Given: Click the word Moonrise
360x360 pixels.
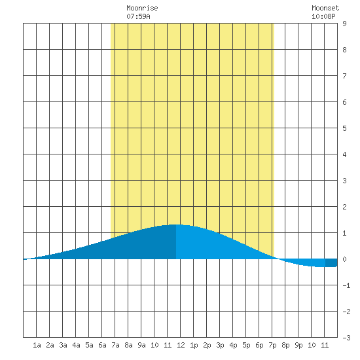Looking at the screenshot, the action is point(142,8).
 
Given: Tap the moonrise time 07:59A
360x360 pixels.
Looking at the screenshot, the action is point(138,16).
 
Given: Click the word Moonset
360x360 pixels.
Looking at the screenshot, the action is point(325,8).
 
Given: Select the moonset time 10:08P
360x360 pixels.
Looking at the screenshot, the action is point(323,16).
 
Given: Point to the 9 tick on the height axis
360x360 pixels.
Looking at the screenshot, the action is point(344,24).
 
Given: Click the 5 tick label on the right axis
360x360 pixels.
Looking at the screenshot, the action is point(344,128).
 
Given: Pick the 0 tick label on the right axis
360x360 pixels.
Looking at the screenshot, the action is point(344,259).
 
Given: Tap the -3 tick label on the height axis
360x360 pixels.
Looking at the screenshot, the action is point(346,338).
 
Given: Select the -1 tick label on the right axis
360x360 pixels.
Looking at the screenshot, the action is point(346,285).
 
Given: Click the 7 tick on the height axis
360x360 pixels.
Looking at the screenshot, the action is point(344,76).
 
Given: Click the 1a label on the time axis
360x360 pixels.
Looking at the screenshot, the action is point(37,345).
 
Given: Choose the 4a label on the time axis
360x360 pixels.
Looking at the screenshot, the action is point(76,345).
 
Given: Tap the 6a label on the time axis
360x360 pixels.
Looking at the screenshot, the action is point(102,345).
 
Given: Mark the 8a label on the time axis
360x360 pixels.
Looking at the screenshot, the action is point(128,345).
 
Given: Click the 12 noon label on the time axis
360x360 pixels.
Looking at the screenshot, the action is point(181,345).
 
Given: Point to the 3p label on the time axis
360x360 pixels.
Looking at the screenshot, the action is point(220,345).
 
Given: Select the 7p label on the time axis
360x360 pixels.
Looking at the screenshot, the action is point(272,345).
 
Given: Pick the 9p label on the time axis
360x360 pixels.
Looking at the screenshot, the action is point(298,345).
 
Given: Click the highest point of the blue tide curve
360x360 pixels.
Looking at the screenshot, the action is point(176,225).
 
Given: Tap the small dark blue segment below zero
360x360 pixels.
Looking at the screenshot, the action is point(331,263).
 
